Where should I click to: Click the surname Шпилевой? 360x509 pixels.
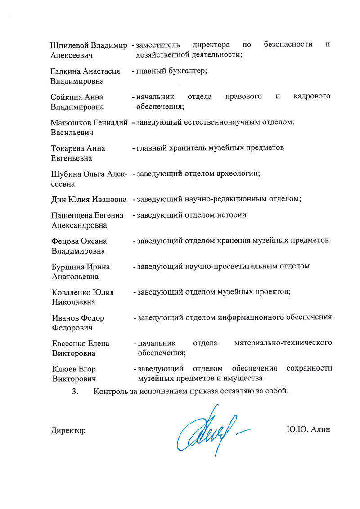tap(70, 45)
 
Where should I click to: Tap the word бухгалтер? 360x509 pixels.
tap(187, 71)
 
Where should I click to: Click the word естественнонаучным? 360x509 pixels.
tap(218, 122)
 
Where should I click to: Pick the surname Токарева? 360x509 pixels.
tap(68, 148)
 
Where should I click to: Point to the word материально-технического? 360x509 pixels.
tap(283, 344)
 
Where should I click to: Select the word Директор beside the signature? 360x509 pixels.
tap(68, 430)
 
